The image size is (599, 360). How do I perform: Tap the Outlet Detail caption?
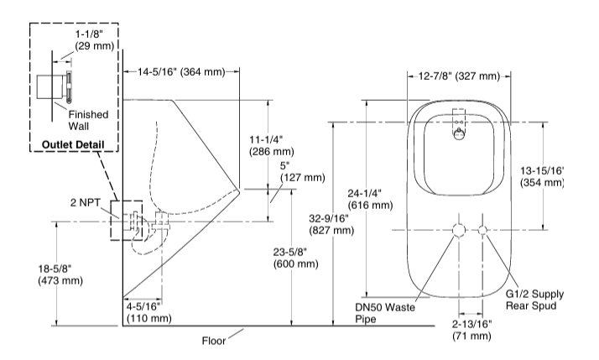pos(72,145)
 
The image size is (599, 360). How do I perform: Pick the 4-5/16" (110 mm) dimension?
pos(148,312)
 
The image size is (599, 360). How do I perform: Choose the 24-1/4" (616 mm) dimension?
pos(369,198)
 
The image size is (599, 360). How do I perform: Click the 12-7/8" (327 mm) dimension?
pos(458,76)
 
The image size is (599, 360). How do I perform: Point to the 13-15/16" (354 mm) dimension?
pos(542,175)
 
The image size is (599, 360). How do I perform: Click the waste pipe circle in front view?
pos(458,231)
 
